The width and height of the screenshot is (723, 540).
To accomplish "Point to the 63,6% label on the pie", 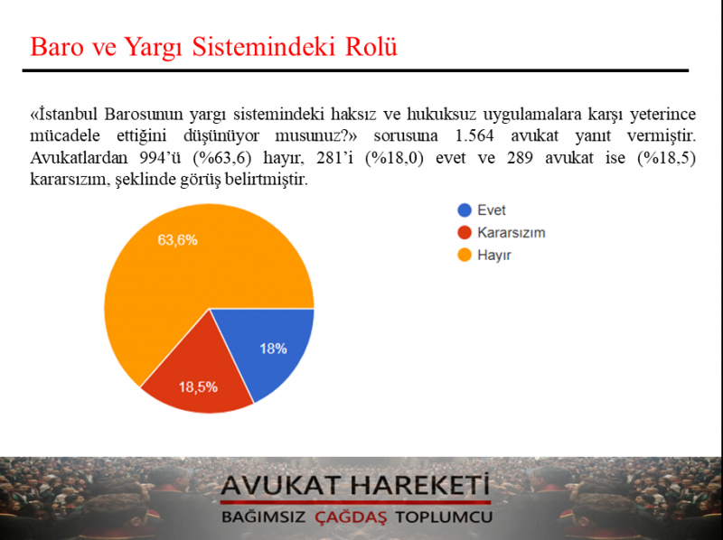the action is [177, 240].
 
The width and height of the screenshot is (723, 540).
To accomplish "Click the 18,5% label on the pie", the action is [198, 387].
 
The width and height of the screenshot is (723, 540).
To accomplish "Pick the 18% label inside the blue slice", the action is [274, 349].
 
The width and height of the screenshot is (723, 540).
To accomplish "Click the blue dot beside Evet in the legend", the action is [465, 210].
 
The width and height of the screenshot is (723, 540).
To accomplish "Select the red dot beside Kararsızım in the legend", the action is [465, 233].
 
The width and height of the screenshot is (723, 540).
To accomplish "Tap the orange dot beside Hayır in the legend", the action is [465, 255].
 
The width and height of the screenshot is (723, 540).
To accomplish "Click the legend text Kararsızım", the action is [512, 233].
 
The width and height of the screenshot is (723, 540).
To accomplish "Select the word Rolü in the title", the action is [371, 47].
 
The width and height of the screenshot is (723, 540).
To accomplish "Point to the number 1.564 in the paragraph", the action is [474, 136].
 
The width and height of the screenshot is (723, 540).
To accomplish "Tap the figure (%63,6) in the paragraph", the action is [222, 158].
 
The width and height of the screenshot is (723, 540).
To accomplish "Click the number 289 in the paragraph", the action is [520, 158].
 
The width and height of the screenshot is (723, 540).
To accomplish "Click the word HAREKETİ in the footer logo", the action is [419, 485].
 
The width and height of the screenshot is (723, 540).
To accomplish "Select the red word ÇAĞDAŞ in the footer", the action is [351, 517].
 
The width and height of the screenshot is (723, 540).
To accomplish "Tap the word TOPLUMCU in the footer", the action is [444, 517].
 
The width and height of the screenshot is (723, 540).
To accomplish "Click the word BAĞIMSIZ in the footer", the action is [263, 517].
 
